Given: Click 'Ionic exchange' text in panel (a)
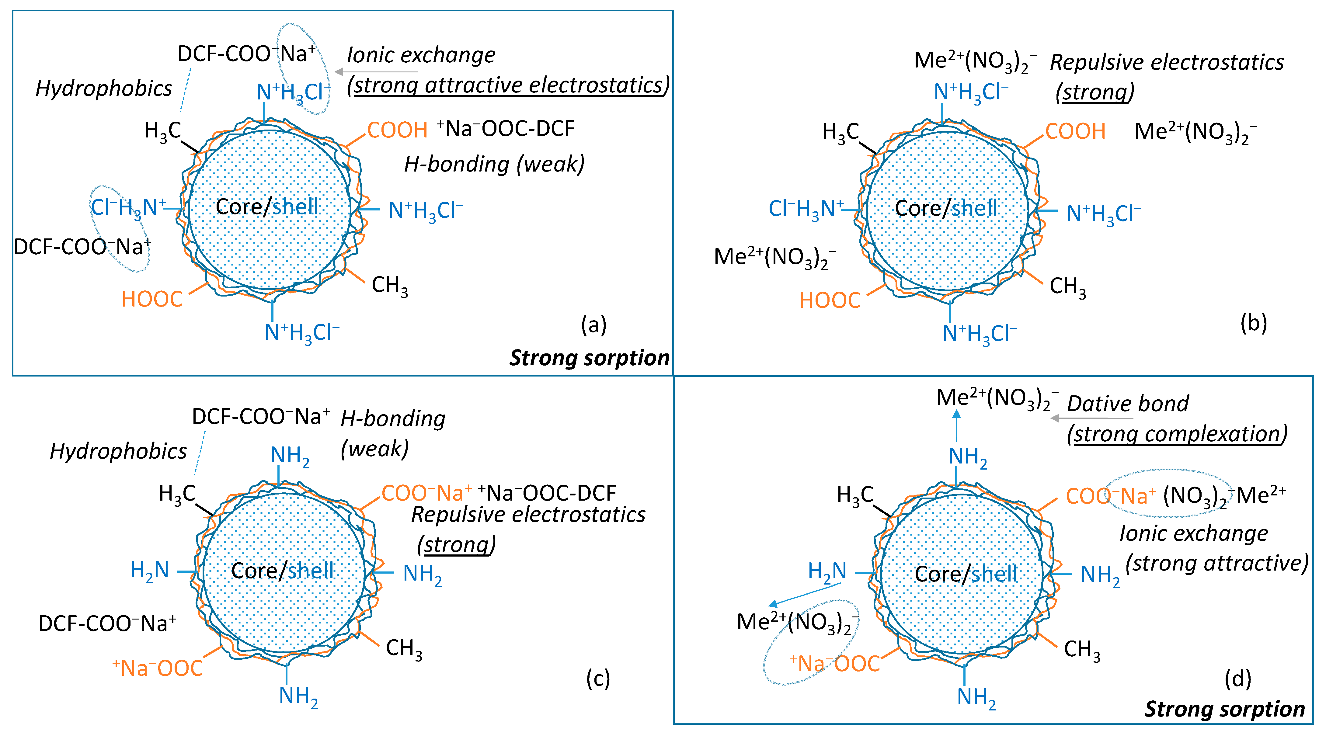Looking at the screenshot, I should click(x=420, y=55).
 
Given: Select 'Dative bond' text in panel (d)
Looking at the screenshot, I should click(x=1127, y=404).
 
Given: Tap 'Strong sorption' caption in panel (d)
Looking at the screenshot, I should click(x=1224, y=709).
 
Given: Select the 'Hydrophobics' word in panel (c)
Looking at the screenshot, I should click(x=118, y=451).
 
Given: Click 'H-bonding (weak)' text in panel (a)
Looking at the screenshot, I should click(x=494, y=164).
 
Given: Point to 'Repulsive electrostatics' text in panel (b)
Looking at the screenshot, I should click(x=1166, y=62).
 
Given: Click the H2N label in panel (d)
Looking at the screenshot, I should click(x=827, y=571).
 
